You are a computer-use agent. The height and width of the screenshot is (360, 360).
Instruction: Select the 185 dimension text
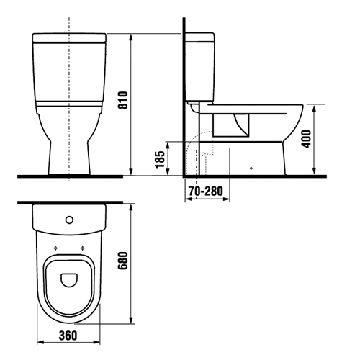(x=160, y=158)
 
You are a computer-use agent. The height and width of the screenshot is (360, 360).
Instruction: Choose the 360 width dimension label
(x=68, y=336)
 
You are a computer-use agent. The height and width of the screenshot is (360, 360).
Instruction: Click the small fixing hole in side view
(x=251, y=169)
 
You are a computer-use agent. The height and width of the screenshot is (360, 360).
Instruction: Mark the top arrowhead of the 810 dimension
(x=131, y=35)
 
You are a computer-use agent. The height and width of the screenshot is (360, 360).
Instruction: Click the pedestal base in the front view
(x=68, y=155)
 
